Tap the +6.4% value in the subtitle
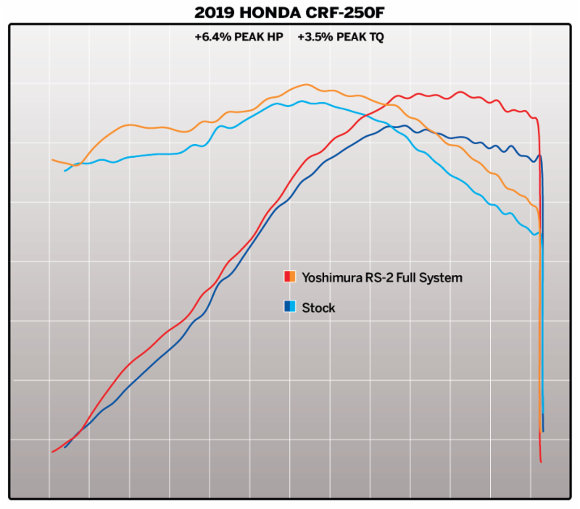click(x=211, y=37)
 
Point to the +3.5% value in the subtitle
click(x=313, y=37)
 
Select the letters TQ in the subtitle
click(x=375, y=37)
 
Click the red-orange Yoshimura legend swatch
click(x=289, y=277)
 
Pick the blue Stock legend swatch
click(x=289, y=307)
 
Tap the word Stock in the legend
click(x=318, y=308)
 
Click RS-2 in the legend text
click(x=374, y=277)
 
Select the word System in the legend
click(x=440, y=277)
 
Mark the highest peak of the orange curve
click(x=306, y=85)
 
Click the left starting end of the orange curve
click(x=52, y=159)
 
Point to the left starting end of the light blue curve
click(x=65, y=170)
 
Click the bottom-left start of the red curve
click(x=53, y=452)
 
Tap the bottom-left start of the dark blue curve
click(x=65, y=447)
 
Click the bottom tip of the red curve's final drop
click(x=542, y=461)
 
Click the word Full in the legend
click(x=404, y=277)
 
